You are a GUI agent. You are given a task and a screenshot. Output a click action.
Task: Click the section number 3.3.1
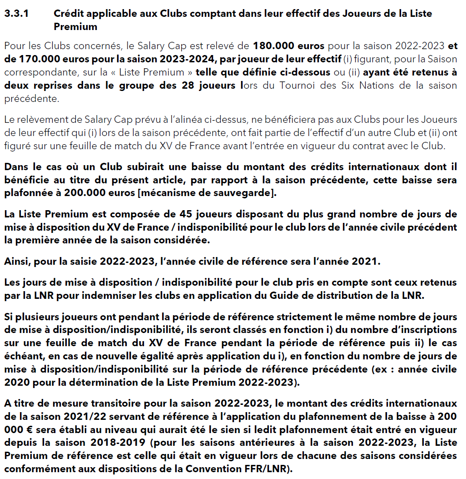click(16, 14)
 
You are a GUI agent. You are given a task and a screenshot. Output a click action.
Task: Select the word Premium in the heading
click(75, 26)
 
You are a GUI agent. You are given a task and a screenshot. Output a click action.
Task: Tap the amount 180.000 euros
click(288, 46)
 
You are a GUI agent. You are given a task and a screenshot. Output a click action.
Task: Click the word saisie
click(80, 262)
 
